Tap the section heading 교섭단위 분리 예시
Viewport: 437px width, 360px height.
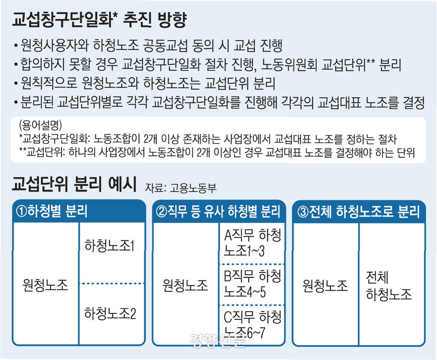(x=74, y=185)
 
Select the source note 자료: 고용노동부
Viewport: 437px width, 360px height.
(x=179, y=188)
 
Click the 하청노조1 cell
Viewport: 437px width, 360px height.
(x=110, y=246)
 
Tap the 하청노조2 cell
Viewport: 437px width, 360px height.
(x=110, y=313)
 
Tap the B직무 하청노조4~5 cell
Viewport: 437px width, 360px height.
(x=252, y=284)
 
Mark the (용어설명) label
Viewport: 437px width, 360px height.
(x=40, y=125)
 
